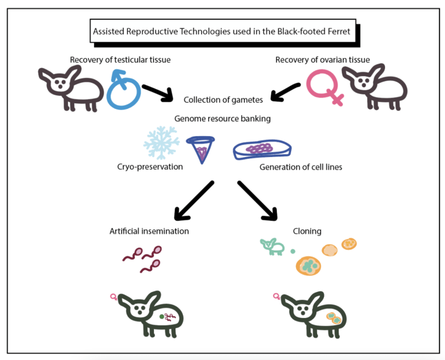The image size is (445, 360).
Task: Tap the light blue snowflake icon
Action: (162, 143)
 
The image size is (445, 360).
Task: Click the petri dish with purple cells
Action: (261, 150)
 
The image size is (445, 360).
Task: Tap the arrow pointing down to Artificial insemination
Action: (193, 201)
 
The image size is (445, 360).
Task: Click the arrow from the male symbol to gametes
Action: (158, 92)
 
